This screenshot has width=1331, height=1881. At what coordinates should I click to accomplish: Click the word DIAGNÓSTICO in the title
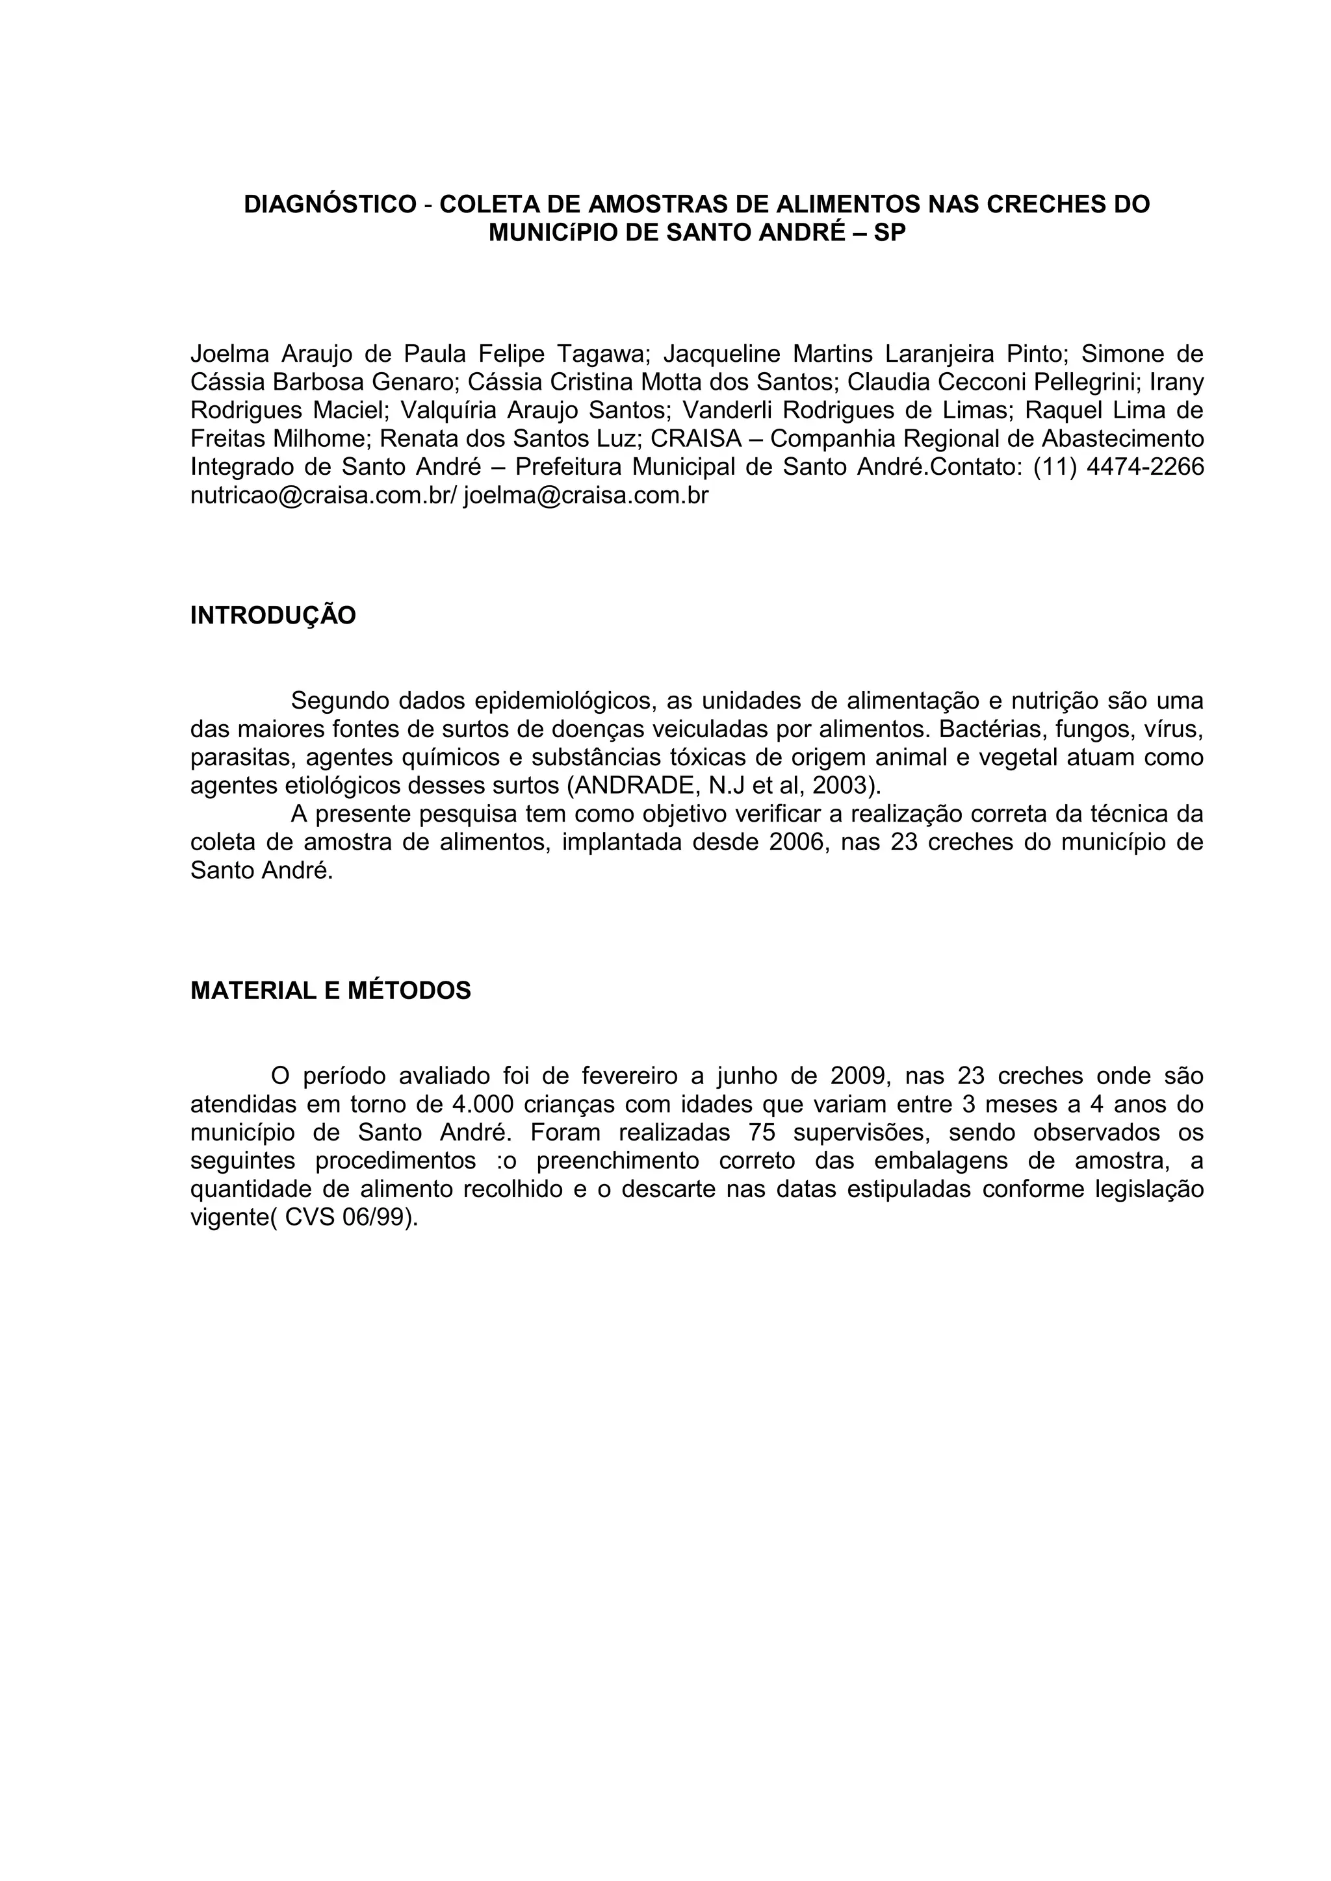coord(330,204)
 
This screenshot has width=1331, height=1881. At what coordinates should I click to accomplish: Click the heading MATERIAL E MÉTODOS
coord(330,991)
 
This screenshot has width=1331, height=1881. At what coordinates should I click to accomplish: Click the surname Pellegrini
coord(1065,382)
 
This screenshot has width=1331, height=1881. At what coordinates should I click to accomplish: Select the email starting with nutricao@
coord(323,496)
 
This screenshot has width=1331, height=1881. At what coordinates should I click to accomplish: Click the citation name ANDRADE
coord(634,786)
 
